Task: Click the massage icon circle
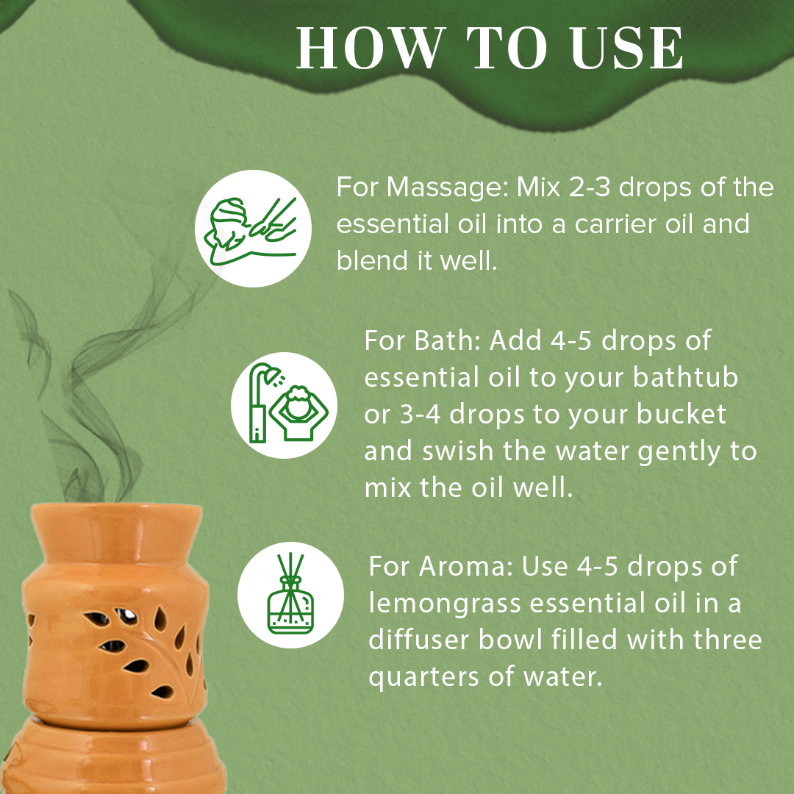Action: [253, 228]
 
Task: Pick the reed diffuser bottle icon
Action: [290, 595]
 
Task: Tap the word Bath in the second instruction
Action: [449, 342]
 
